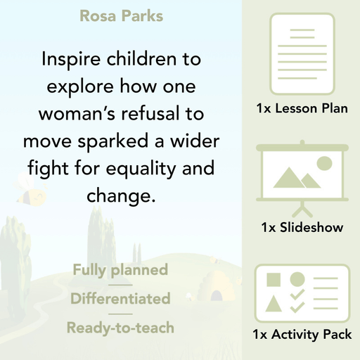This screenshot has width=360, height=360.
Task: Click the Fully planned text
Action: click(120, 270)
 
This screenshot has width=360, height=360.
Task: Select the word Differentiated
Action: click(120, 299)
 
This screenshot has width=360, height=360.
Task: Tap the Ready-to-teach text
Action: click(120, 328)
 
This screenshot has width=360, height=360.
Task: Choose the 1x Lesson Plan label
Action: click(302, 109)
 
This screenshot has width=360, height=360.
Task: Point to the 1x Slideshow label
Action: click(302, 229)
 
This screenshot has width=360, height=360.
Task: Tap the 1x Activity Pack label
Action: click(302, 335)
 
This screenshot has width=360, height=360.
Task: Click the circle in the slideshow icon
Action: click(324, 164)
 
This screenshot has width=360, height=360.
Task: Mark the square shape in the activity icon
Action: click(274, 280)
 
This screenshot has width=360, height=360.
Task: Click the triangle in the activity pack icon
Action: click(274, 304)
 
